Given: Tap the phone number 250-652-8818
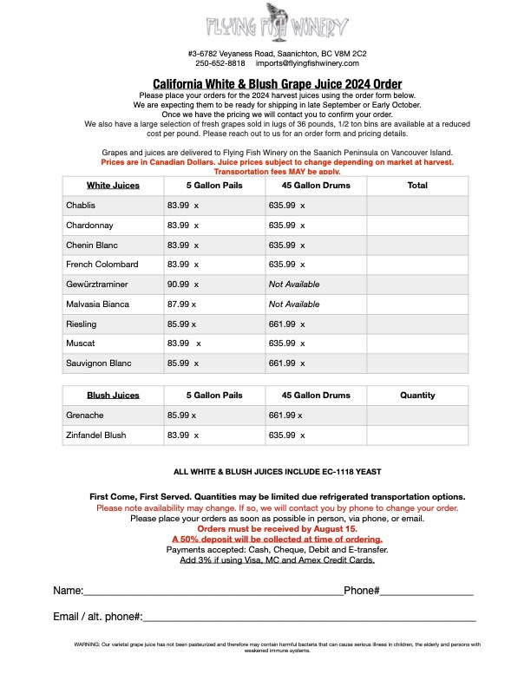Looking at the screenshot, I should coord(220,63).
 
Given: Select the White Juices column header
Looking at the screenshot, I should coord(113,186).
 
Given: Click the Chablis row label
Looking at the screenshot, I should coord(81,206).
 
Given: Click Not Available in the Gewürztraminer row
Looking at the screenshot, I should coord(294,285).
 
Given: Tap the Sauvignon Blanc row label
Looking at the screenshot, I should coord(98,363).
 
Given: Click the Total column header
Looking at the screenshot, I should coord(417,186).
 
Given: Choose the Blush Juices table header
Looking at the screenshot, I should coord(113,396).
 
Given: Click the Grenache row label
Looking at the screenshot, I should coord(84,415).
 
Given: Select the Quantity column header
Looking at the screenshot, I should coord(417,396).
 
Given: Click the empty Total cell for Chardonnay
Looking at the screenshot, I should coord(417,226).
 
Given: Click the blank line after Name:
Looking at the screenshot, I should coord(213,592).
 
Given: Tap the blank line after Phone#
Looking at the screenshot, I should coord(426,592).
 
